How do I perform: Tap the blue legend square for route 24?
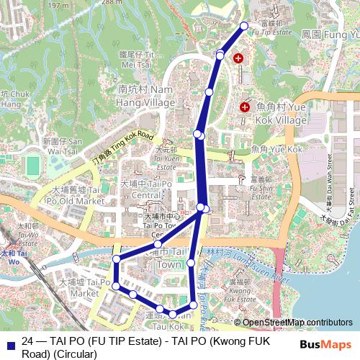[x=9, y=344]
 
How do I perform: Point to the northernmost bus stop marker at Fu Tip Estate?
[x=243, y=26]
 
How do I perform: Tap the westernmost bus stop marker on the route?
[x=115, y=259]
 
